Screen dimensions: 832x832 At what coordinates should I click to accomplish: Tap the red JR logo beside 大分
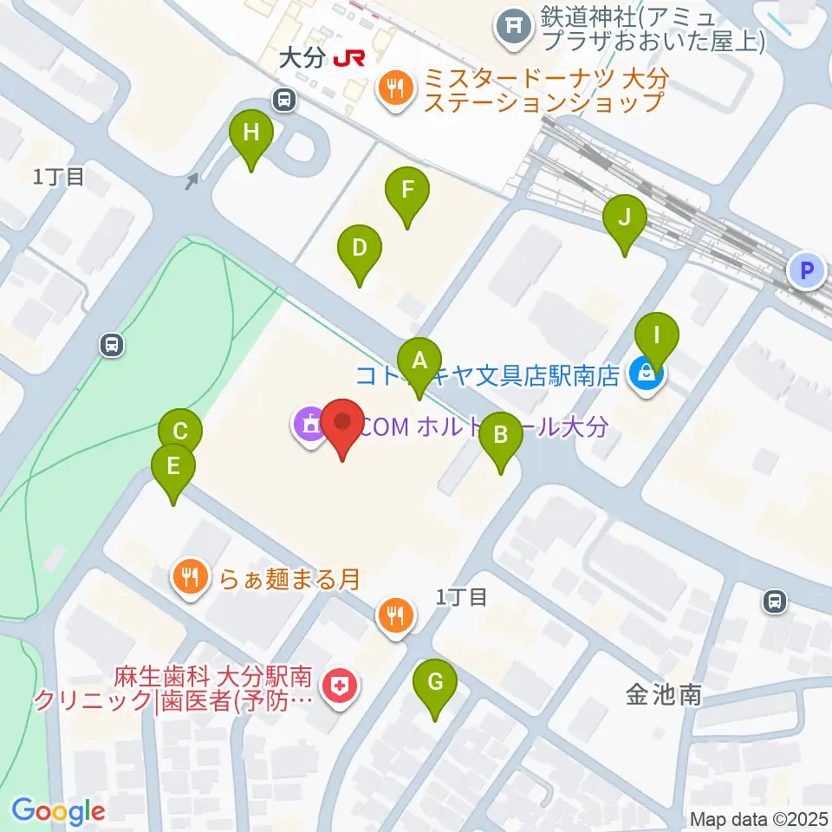point(349,59)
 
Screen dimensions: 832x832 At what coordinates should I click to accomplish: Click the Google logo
point(58,811)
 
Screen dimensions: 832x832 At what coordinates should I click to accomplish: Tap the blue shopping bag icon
point(645,374)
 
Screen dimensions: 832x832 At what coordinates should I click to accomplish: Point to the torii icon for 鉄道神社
point(513,28)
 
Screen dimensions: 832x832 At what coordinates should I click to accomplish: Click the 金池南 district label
point(664,693)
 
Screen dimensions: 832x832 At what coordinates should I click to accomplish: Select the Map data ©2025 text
point(759,818)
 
